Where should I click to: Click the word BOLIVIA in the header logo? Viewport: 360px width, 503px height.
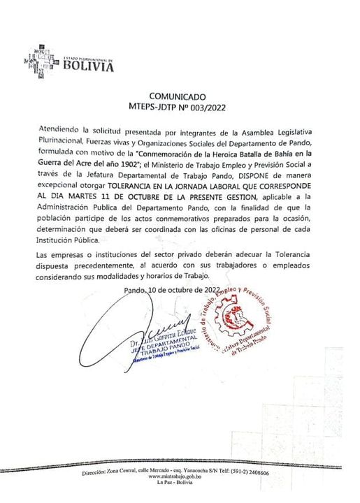coord(88,67)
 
